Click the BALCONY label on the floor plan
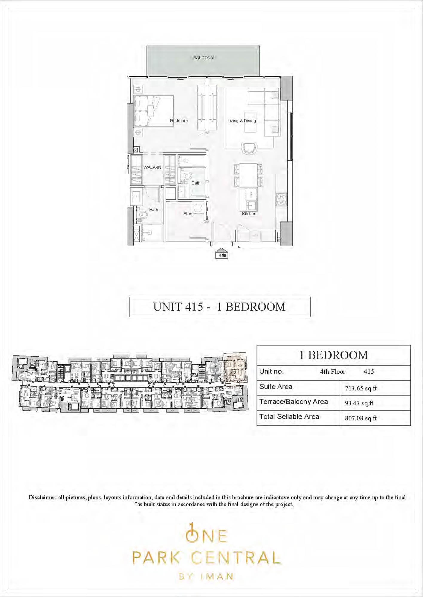(203, 58)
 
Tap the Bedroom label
(179, 121)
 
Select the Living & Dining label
(242, 121)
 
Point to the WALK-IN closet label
(152, 167)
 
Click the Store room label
(188, 213)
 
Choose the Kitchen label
(249, 213)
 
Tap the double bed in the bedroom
(154, 111)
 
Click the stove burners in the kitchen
(281, 200)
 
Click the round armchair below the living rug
(249, 148)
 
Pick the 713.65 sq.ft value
(361, 388)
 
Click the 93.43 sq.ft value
(359, 403)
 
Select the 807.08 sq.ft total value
(361, 418)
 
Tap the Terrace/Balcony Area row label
(294, 402)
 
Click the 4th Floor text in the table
(333, 372)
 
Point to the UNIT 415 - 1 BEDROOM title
(219, 307)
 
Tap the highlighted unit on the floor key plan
(236, 368)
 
